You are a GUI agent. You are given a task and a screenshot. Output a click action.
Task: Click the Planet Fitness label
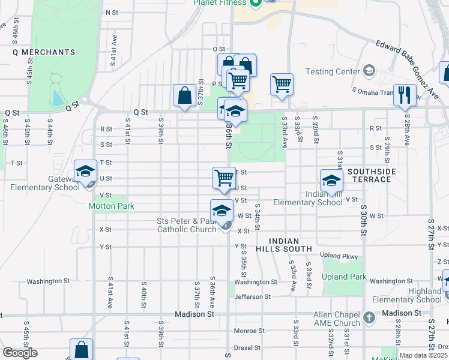click(x=220, y=2)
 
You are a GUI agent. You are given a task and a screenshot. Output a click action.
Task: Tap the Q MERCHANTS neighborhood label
click(x=44, y=52)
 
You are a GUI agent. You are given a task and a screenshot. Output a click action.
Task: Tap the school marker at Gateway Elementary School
click(x=85, y=172)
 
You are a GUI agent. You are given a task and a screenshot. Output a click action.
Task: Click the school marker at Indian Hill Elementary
click(x=331, y=181)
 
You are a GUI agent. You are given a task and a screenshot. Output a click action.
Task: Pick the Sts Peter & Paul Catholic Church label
click(x=186, y=225)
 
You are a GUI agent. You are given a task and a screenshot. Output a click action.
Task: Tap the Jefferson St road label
click(x=249, y=296)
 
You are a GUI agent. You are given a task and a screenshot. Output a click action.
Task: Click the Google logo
click(x=20, y=353)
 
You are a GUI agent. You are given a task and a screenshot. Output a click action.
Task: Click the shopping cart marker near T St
click(x=224, y=178)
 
